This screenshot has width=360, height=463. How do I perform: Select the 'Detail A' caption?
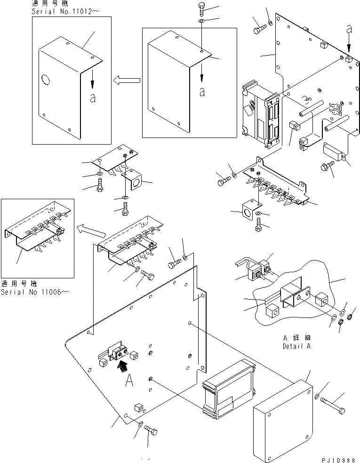click(297, 347)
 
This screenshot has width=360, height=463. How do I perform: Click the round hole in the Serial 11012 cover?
click(45, 80)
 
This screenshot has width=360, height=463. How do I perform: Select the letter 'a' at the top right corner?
click(349, 29)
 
